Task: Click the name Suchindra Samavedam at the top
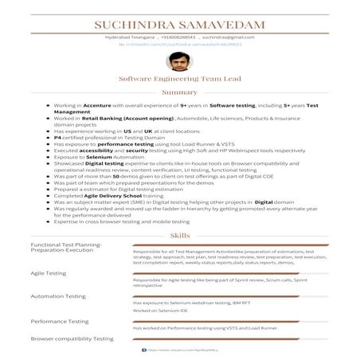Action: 179,25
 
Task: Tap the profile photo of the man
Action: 179,63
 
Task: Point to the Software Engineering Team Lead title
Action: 179,80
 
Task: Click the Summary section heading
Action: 179,92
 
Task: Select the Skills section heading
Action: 180,237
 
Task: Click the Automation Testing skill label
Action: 58,296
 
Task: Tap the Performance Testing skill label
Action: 60,321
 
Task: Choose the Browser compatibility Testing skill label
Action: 72,338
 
